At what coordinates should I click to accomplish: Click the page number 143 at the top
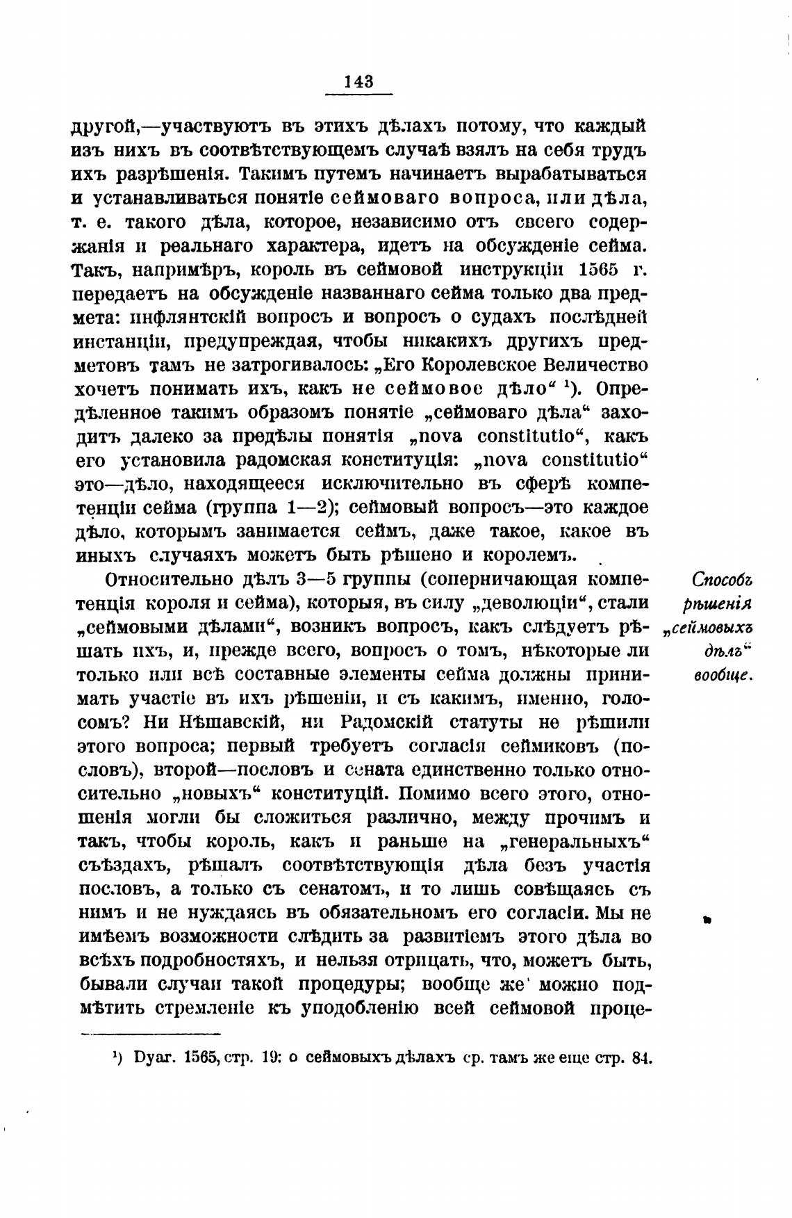359,81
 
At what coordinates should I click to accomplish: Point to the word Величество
595,365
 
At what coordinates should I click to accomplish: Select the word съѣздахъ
125,866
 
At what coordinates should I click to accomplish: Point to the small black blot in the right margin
707,920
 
